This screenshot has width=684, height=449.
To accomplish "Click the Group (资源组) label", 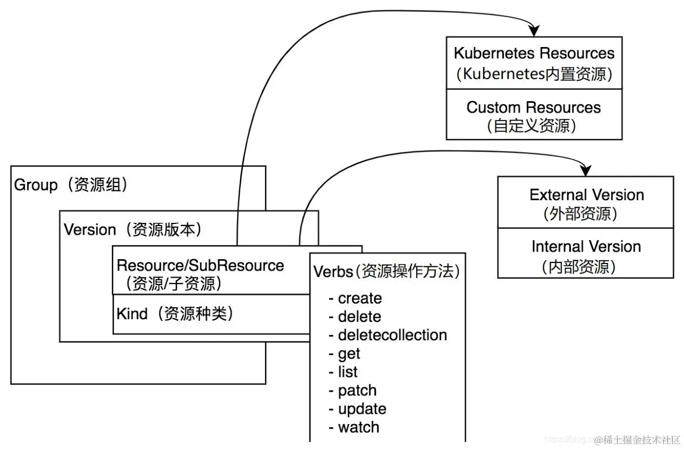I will [x=71, y=185].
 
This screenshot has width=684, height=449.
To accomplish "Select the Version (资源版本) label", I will [x=133, y=229].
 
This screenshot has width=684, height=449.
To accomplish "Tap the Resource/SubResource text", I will [x=200, y=266].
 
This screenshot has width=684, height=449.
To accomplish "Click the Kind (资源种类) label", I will [x=175, y=314].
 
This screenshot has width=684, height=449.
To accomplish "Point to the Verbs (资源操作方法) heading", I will [x=386, y=271].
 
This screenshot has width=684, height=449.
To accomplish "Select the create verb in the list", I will [x=359, y=298].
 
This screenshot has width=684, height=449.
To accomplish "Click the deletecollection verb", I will [x=392, y=335].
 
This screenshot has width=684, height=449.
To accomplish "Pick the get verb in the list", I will [x=348, y=353].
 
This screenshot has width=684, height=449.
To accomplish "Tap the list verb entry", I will [x=347, y=372].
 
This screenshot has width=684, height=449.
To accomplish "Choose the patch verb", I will [x=357, y=390].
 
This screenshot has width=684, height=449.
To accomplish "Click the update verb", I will [x=361, y=408].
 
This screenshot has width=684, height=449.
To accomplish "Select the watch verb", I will [x=358, y=427].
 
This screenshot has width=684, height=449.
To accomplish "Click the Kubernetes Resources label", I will [x=534, y=54].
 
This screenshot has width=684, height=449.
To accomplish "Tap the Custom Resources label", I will [x=534, y=107].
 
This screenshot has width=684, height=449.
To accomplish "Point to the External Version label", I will [x=587, y=195].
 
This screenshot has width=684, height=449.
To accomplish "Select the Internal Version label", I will [x=586, y=247].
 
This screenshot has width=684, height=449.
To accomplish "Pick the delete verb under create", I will [x=359, y=316].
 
